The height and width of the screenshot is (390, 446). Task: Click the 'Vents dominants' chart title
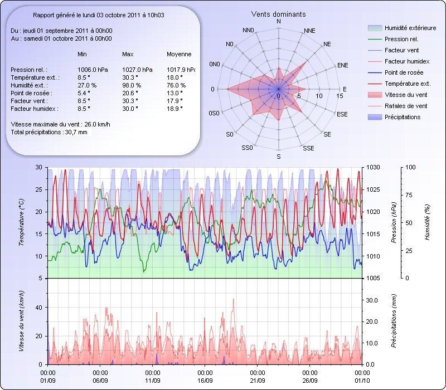(278, 14)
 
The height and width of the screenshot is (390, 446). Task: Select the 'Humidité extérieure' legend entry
(410, 28)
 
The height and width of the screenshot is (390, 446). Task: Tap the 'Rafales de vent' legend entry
(406, 106)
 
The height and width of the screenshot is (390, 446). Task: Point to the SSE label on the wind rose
(308, 148)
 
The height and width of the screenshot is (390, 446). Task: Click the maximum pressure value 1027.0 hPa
(137, 70)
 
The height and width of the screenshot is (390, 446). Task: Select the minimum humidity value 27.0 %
(87, 85)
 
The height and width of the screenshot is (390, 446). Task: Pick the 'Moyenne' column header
(179, 54)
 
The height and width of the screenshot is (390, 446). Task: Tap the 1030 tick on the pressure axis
(374, 167)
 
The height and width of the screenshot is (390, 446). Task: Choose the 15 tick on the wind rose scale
(340, 96)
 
